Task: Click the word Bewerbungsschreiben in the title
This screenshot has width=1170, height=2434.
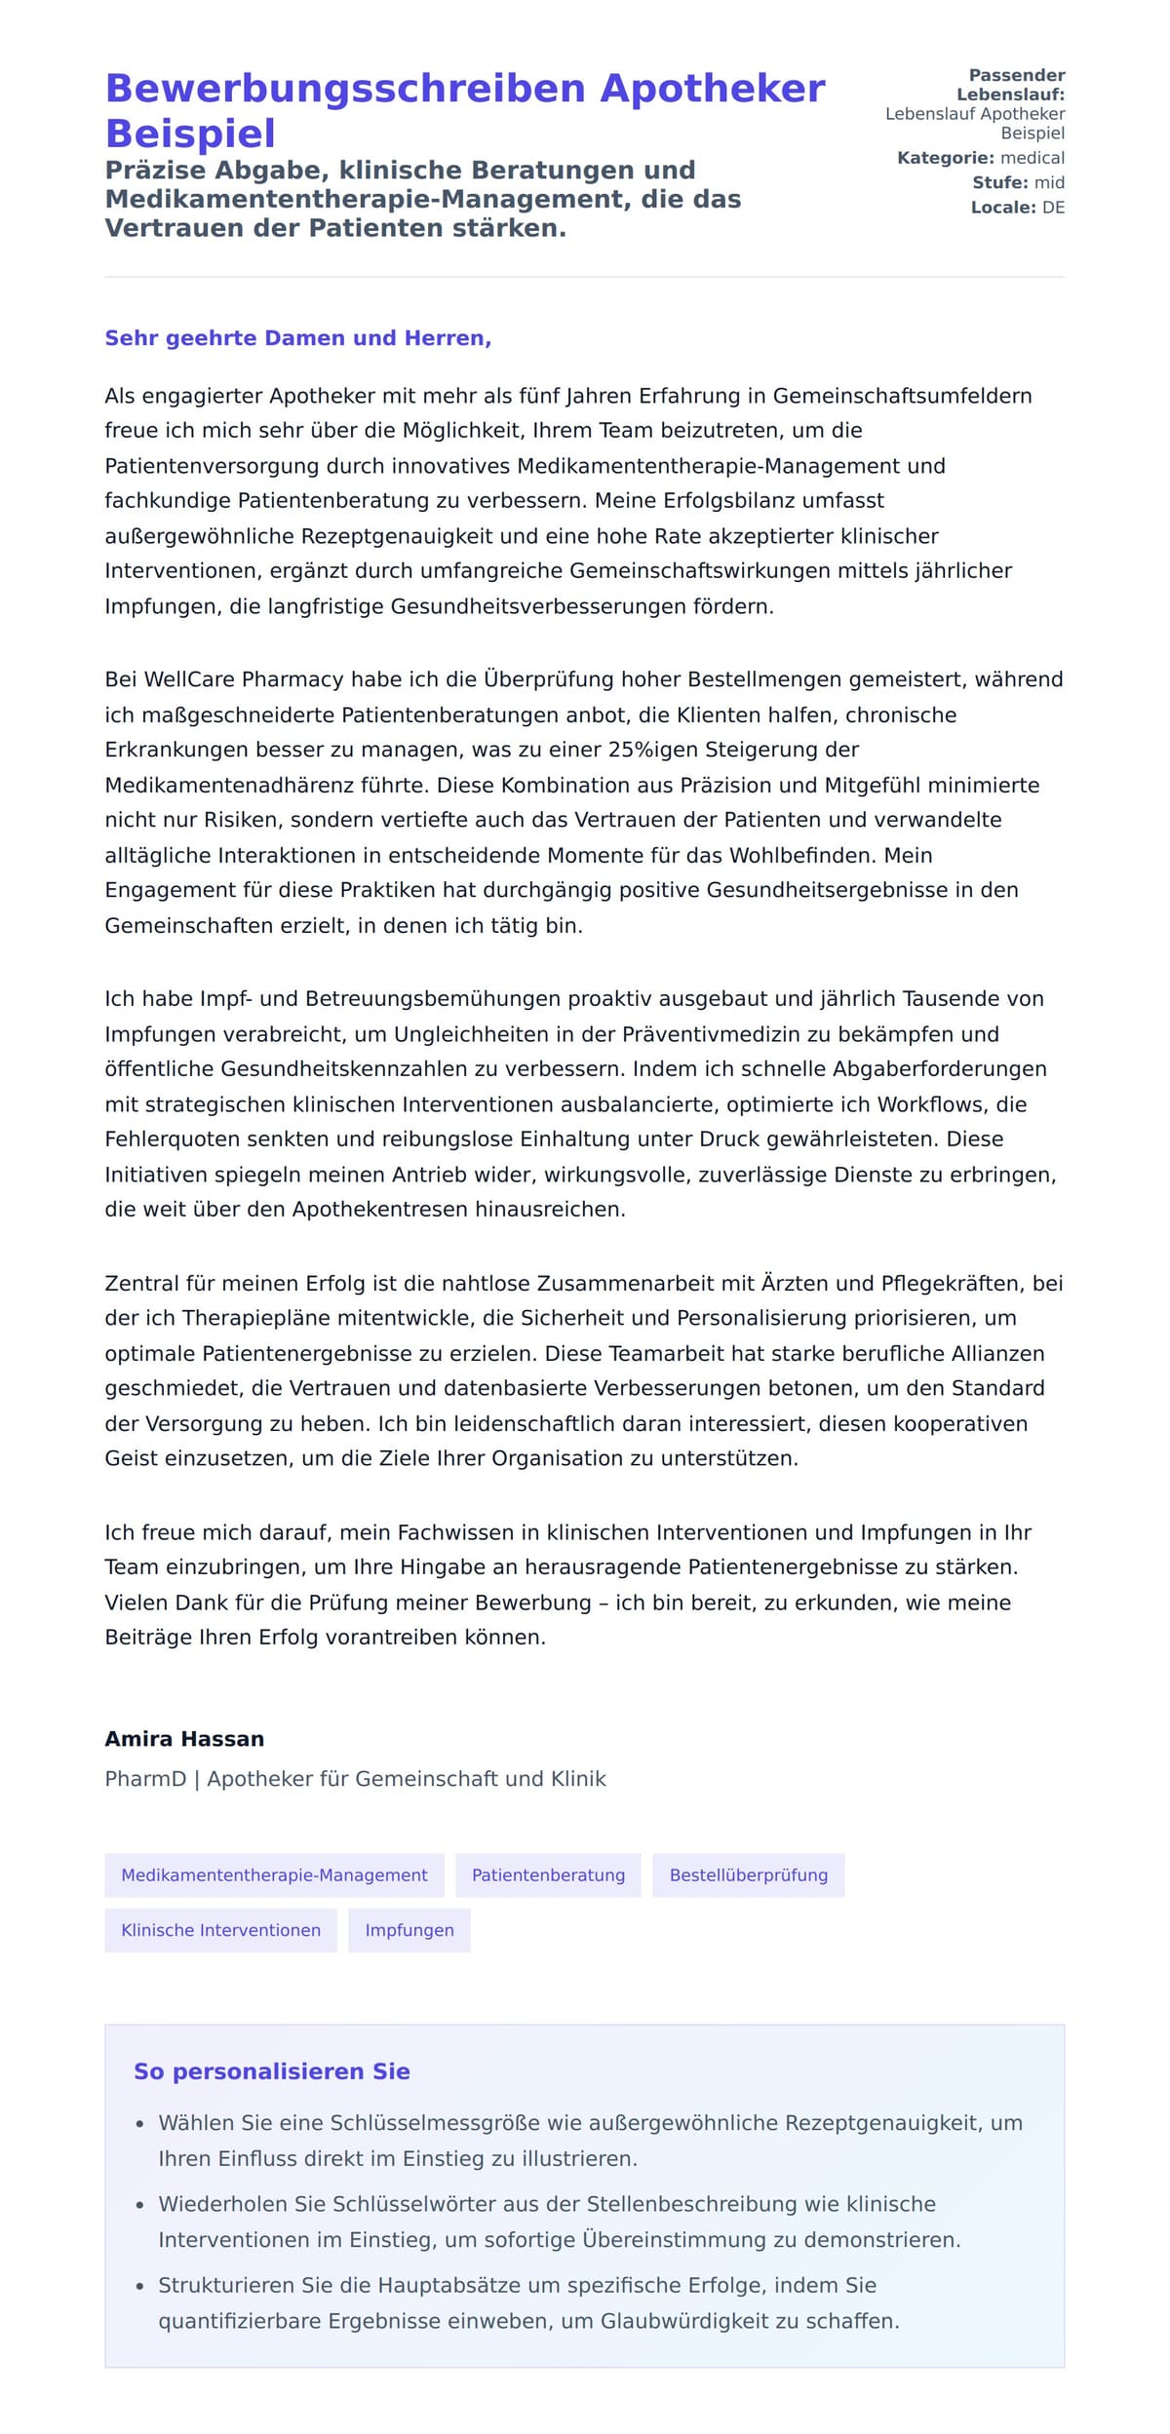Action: click(346, 89)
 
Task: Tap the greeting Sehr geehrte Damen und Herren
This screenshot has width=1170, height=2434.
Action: click(297, 338)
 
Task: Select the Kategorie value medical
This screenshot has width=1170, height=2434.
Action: click(1033, 158)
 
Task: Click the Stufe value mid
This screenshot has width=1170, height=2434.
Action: click(1049, 182)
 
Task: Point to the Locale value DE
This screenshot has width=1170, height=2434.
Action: click(1053, 208)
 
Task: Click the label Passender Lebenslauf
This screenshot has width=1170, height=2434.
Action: click(1014, 85)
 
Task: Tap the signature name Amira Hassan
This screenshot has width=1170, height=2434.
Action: click(184, 1738)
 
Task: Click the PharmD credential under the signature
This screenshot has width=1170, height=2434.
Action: click(145, 1778)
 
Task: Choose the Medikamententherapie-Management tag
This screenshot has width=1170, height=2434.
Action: click(274, 1874)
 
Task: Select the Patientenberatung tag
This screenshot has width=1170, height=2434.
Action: click(548, 1874)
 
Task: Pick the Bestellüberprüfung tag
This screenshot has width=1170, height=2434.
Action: click(748, 1874)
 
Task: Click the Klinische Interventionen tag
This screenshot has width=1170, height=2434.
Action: click(220, 1929)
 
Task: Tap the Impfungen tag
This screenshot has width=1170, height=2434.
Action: click(409, 1929)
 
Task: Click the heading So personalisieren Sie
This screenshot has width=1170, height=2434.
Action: click(271, 2071)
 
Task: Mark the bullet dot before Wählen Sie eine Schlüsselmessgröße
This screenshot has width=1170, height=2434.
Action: click(139, 2124)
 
